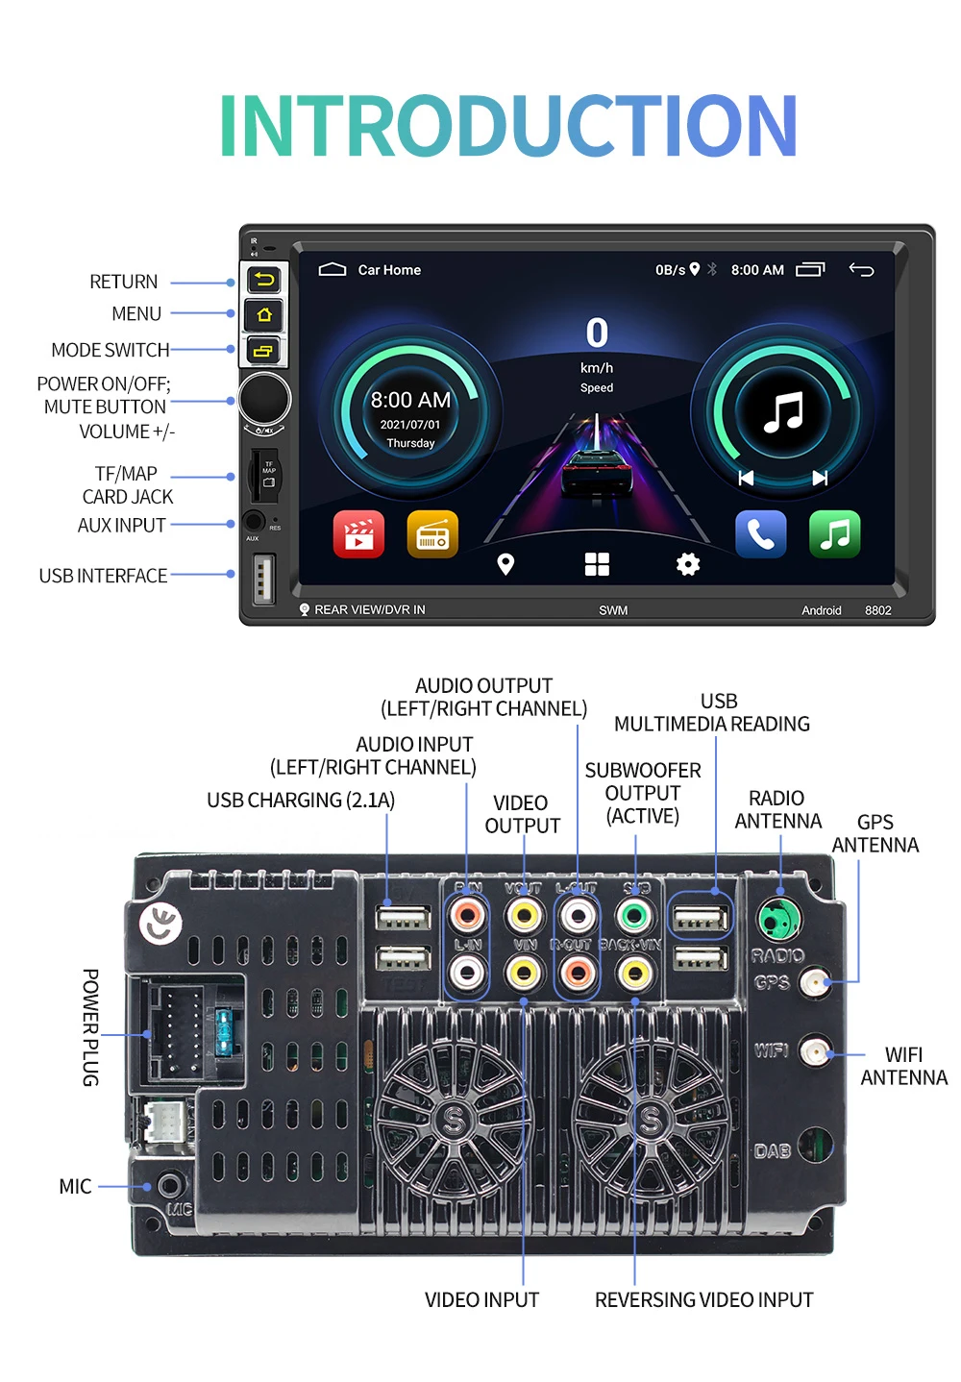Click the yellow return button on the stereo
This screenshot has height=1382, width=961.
(264, 280)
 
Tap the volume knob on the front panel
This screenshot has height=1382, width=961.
(264, 398)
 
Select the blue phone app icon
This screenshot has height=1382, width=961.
(760, 534)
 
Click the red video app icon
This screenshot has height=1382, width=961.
(358, 534)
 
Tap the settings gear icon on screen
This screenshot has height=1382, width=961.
(688, 564)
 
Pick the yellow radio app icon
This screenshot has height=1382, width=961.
(432, 534)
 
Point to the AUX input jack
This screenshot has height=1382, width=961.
(254, 522)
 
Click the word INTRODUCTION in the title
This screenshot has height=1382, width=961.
(508, 126)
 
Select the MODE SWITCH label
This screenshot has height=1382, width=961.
(111, 350)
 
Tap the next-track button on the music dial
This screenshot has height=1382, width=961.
(820, 478)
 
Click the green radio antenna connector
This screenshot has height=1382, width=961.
(779, 920)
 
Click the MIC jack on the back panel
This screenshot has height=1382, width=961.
(170, 1185)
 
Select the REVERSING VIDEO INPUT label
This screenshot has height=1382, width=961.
(703, 1300)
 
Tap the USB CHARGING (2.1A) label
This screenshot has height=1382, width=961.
(301, 801)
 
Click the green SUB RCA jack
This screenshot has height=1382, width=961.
(633, 915)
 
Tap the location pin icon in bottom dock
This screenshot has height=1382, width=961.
(505, 564)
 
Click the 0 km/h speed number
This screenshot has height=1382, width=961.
(597, 333)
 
